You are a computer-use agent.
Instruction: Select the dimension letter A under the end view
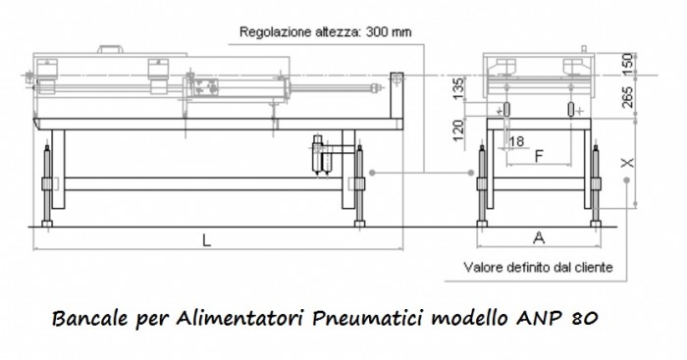[539, 237]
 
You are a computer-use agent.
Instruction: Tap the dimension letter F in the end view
[539, 156]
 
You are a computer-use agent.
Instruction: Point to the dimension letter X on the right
[629, 159]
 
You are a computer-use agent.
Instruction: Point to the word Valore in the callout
[482, 267]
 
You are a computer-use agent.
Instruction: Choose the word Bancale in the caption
[80, 320]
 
